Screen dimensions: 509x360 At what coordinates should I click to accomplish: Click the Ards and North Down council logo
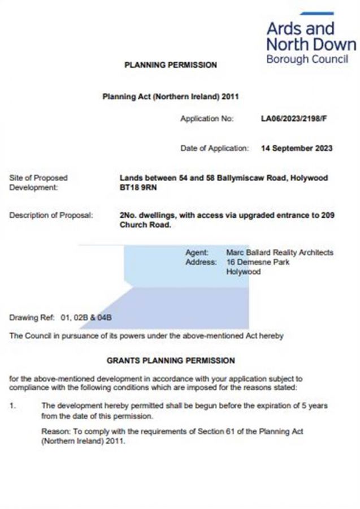point(311,38)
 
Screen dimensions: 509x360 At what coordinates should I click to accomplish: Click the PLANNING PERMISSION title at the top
point(170,65)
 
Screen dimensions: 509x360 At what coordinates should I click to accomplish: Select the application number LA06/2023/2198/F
point(294,119)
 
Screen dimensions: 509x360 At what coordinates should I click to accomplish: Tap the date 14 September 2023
point(297,149)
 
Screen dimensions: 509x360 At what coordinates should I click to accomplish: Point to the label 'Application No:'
point(206,119)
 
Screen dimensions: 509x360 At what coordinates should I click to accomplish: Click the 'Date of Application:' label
point(214,149)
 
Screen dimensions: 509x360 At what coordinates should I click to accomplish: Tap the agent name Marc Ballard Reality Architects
point(279,252)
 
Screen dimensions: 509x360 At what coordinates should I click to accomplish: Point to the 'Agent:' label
point(197,252)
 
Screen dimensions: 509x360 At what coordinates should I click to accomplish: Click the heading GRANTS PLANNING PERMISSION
point(170,360)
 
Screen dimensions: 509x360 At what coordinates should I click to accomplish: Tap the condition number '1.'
point(14,406)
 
